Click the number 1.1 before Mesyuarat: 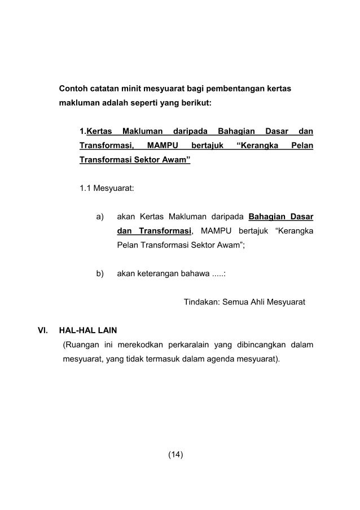pos(86,188)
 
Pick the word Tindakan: pos(202,302)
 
